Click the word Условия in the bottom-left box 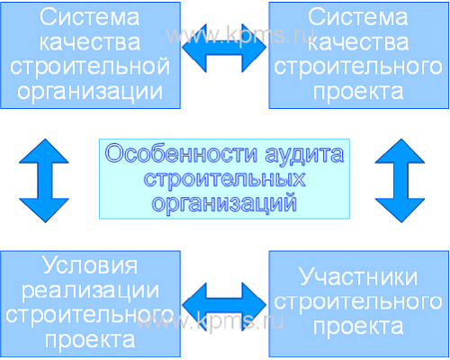coord(90,265)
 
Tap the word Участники coord(358,277)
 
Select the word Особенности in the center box coord(181,154)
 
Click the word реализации coord(90,291)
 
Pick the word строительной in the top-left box coord(90,67)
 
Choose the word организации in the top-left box coord(90,92)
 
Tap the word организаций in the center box coord(224,204)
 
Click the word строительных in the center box coord(224,180)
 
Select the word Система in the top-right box coord(358,17)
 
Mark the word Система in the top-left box coord(90,17)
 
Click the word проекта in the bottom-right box coord(358,328)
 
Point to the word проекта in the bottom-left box coord(90,340)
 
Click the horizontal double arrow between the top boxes coord(224,48)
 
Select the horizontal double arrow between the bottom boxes coord(224,306)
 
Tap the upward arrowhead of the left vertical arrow coord(44,151)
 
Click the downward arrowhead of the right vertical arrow coord(400,211)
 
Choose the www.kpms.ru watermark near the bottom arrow coord(210,321)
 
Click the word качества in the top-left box coord(90,42)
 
